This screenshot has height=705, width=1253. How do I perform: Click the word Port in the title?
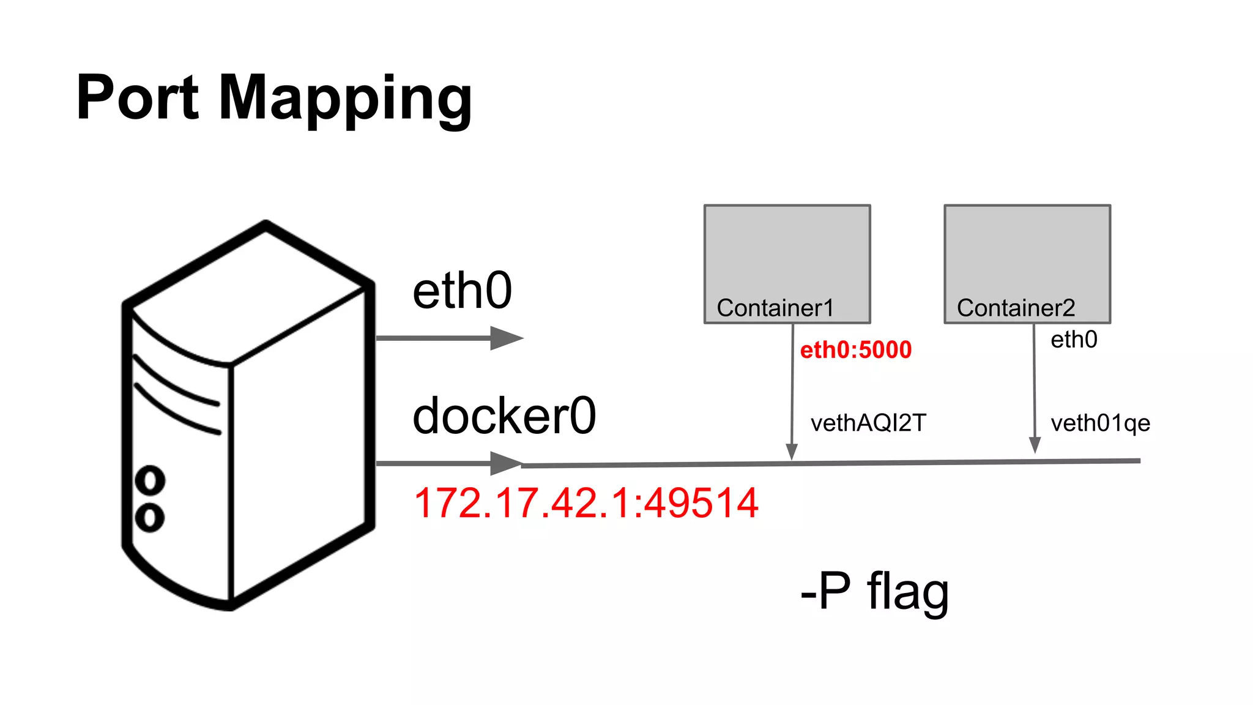point(138,98)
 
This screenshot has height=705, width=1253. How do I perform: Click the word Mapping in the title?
point(345,99)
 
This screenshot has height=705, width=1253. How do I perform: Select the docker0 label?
point(504,416)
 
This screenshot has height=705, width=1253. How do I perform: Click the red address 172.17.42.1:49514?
point(586,503)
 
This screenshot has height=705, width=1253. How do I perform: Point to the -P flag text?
point(874,591)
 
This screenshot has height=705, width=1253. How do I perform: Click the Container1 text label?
point(775,308)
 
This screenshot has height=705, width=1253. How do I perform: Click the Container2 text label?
point(1016,308)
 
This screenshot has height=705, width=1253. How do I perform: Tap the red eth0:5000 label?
point(855,350)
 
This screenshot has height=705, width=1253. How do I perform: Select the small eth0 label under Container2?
point(1074,340)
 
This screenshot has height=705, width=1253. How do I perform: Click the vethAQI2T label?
point(868,423)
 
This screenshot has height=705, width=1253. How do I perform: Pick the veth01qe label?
point(1100,423)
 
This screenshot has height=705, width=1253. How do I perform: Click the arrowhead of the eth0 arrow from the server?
point(505,338)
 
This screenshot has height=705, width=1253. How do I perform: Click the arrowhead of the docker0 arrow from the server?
point(505,463)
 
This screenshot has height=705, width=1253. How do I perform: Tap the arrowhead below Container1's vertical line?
point(791,452)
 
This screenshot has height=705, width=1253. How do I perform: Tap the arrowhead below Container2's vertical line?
point(1035,445)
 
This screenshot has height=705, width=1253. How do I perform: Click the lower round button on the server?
point(150,518)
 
